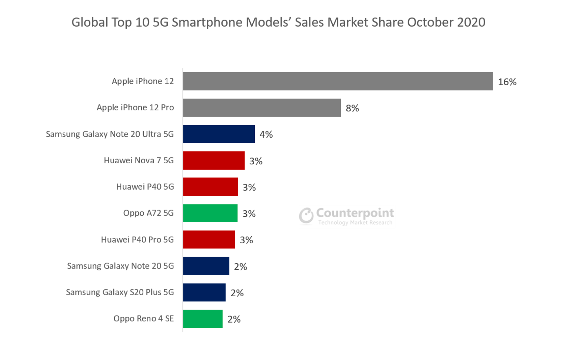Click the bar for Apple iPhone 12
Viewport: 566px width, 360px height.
click(337, 81)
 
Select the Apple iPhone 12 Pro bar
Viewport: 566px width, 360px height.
click(262, 107)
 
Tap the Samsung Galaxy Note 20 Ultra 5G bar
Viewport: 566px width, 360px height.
click(219, 134)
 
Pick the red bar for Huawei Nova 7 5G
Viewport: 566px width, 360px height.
click(213, 160)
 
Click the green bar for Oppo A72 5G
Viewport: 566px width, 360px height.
click(210, 213)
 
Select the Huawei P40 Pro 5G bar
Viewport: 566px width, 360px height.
click(209, 239)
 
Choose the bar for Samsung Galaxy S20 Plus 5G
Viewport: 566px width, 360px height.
click(204, 292)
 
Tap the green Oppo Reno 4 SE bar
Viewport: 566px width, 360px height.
click(203, 319)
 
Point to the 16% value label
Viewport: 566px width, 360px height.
click(507, 82)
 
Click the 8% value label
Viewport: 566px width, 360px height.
click(352, 108)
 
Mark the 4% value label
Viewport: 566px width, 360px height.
click(266, 134)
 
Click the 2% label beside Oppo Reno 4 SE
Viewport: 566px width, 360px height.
click(234, 319)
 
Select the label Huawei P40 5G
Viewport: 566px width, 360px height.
click(145, 187)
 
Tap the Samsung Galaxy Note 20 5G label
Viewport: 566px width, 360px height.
click(120, 266)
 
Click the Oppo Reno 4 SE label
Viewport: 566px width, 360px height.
click(143, 319)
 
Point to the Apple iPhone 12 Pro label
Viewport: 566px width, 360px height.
click(135, 107)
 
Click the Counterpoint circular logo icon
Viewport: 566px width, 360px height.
click(306, 216)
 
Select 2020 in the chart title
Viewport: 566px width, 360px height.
click(471, 22)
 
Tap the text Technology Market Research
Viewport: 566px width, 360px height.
click(355, 223)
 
